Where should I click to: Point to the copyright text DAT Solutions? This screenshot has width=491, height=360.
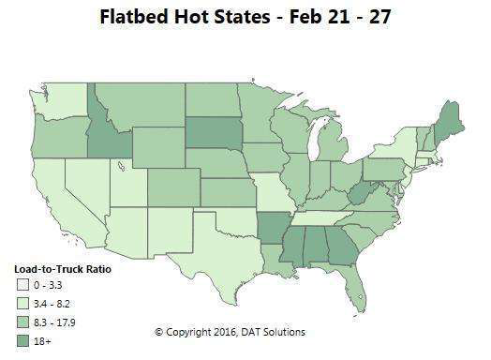click(x=271, y=333)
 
